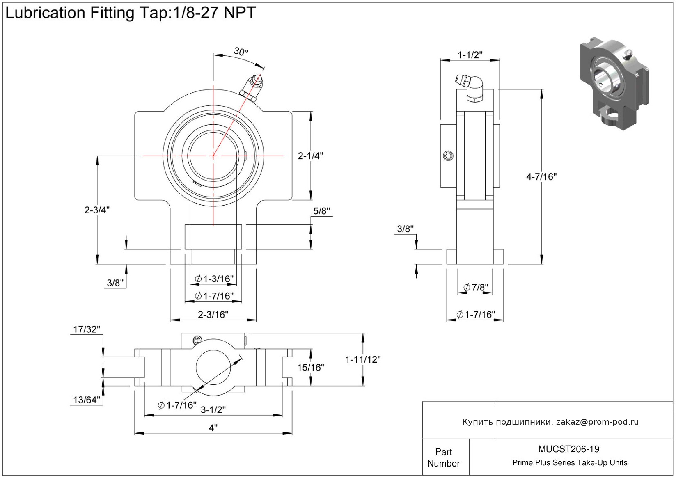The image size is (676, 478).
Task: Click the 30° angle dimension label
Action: click(241, 52)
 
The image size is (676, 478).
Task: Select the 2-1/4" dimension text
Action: click(310, 156)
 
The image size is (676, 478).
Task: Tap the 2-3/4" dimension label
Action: click(97, 210)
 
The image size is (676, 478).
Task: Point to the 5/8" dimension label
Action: click(322, 211)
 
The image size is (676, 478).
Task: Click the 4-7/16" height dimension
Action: click(541, 177)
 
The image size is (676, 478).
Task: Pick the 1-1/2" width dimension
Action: click(470, 55)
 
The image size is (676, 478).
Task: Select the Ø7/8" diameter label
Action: click(476, 288)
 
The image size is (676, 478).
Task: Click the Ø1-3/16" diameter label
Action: click(214, 279)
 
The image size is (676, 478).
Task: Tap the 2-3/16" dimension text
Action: click(213, 315)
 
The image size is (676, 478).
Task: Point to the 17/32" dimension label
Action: click(87, 329)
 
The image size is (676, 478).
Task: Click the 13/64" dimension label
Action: click(87, 400)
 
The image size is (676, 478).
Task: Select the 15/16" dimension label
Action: click(311, 368)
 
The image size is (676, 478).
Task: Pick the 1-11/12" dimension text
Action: click(363, 360)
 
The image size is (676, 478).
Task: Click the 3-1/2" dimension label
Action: click(213, 409)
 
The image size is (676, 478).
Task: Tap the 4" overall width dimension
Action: click(213, 428)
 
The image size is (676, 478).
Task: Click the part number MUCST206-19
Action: click(568, 449)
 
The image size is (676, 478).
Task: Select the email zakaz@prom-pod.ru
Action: click(597, 422)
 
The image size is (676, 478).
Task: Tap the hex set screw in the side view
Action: click(448, 156)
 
